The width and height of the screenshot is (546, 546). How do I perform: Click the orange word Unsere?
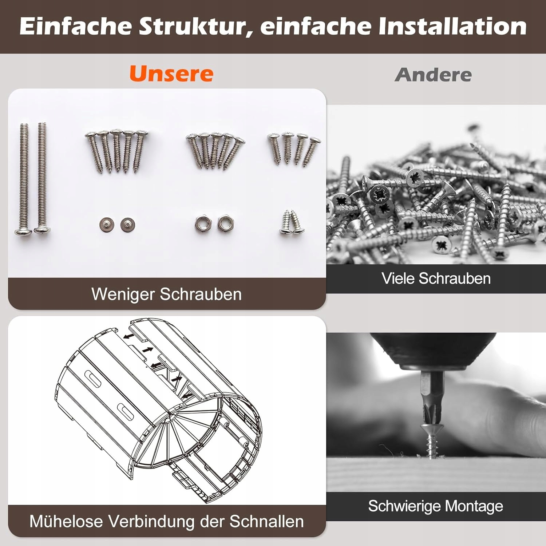171,74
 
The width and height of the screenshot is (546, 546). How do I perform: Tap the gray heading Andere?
433,75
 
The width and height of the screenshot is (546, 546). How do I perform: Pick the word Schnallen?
267,521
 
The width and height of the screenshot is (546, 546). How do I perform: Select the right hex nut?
225,223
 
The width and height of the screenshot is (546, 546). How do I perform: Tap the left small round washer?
106,225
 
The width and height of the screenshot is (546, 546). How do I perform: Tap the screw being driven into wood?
431,440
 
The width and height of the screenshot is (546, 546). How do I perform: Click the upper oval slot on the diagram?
93,379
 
